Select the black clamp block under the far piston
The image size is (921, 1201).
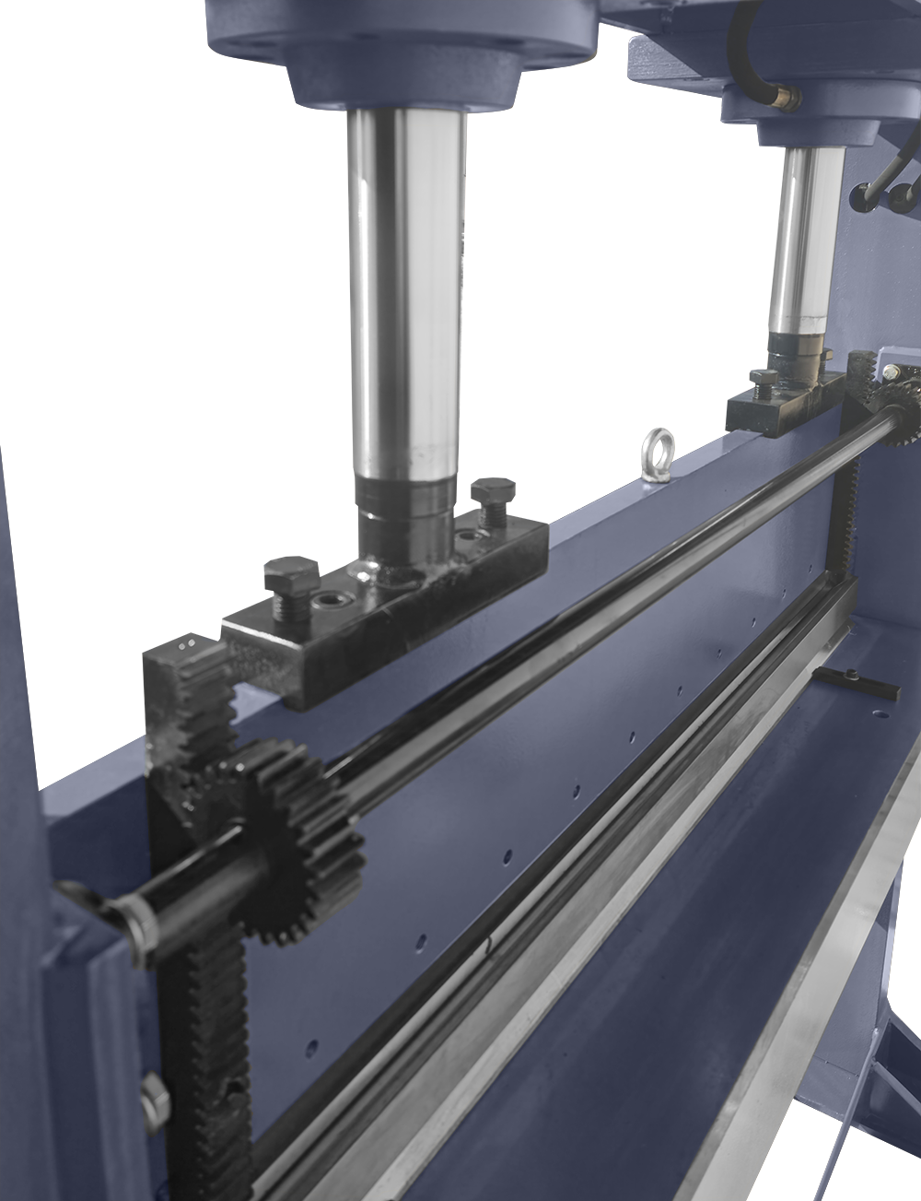tap(783, 401)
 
